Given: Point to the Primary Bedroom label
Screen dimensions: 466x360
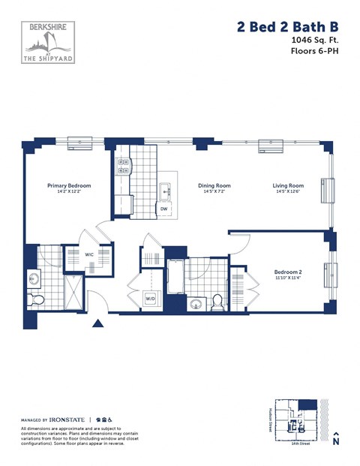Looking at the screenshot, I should click(69, 185).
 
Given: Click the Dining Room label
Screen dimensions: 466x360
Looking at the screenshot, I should click(214, 185).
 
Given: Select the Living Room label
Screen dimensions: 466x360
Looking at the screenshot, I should click(287, 185).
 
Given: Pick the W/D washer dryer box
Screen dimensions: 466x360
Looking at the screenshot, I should click(150, 299).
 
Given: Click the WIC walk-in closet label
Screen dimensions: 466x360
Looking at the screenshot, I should click(89, 255).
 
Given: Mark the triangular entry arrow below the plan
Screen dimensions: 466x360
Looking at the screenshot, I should click(97, 324).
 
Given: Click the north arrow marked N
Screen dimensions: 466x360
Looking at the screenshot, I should click(337, 440).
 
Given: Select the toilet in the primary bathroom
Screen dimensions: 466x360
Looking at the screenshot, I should click(35, 299).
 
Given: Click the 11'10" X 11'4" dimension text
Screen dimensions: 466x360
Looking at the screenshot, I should click(288, 278).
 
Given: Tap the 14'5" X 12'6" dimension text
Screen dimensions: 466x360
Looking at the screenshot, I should click(287, 192).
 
